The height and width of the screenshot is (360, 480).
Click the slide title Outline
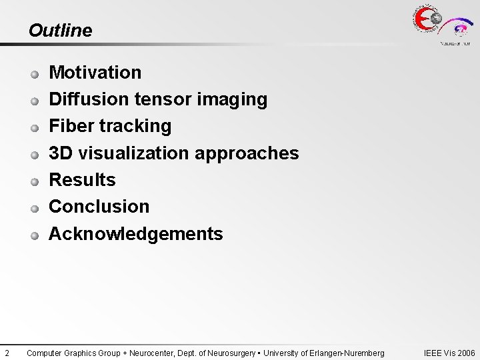(60, 31)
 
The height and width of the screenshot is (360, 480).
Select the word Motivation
(95, 72)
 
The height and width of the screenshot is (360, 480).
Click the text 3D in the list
(61, 153)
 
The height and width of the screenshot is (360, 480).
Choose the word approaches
(247, 153)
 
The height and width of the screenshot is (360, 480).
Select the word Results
(82, 180)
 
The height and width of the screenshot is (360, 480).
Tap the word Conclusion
(99, 207)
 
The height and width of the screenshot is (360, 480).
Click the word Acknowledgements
(136, 234)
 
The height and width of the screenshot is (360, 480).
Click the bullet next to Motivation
(35, 73)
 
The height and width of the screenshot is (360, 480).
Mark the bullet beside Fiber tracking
(35, 127)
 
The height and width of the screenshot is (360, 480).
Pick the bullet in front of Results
(35, 181)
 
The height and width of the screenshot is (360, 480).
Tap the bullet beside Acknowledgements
(35, 235)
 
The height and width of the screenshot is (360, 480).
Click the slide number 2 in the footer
(6, 353)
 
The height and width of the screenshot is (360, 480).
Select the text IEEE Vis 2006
(449, 353)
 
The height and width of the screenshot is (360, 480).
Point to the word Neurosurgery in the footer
(231, 353)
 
